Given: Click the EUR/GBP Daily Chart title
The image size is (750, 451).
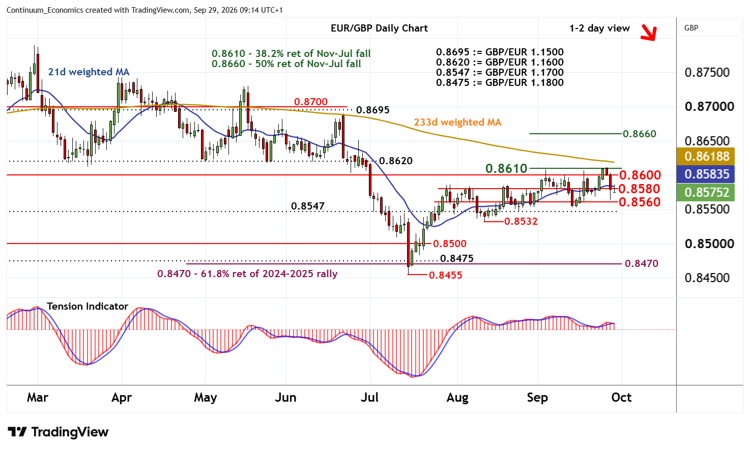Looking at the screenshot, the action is tap(379, 28).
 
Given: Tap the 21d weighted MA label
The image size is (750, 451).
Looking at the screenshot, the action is tap(89, 72).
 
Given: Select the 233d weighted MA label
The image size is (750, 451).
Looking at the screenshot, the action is tap(457, 122).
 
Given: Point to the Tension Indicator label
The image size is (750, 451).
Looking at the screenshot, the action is tap(88, 306).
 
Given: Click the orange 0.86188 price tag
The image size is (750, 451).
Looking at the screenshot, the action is tap(706, 156).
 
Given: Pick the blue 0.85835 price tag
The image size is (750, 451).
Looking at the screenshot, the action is tap(706, 174).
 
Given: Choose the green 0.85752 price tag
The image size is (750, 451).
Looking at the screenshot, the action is tap(706, 192).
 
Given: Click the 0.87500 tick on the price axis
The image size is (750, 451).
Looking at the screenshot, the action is tap(707, 72).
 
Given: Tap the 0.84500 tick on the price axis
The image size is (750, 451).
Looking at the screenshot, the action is tap(707, 278).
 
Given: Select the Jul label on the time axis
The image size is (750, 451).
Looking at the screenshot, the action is tap(369, 398).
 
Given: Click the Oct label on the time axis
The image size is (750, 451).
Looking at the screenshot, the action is tap(621, 398).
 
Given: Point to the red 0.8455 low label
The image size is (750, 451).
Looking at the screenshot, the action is tap(445, 275).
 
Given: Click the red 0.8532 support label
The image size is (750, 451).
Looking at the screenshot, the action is tap(521, 221).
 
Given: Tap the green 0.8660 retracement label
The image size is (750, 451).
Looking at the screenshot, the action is tap(640, 134).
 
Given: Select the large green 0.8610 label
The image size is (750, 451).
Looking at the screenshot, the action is tap(506, 169).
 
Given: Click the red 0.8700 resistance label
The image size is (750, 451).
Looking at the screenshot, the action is tap(311, 102).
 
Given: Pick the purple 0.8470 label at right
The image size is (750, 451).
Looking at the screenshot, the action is tap(642, 264).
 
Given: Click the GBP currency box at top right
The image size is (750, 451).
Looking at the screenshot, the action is tap(710, 28).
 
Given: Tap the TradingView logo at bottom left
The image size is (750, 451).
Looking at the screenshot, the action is tap(58, 432).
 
